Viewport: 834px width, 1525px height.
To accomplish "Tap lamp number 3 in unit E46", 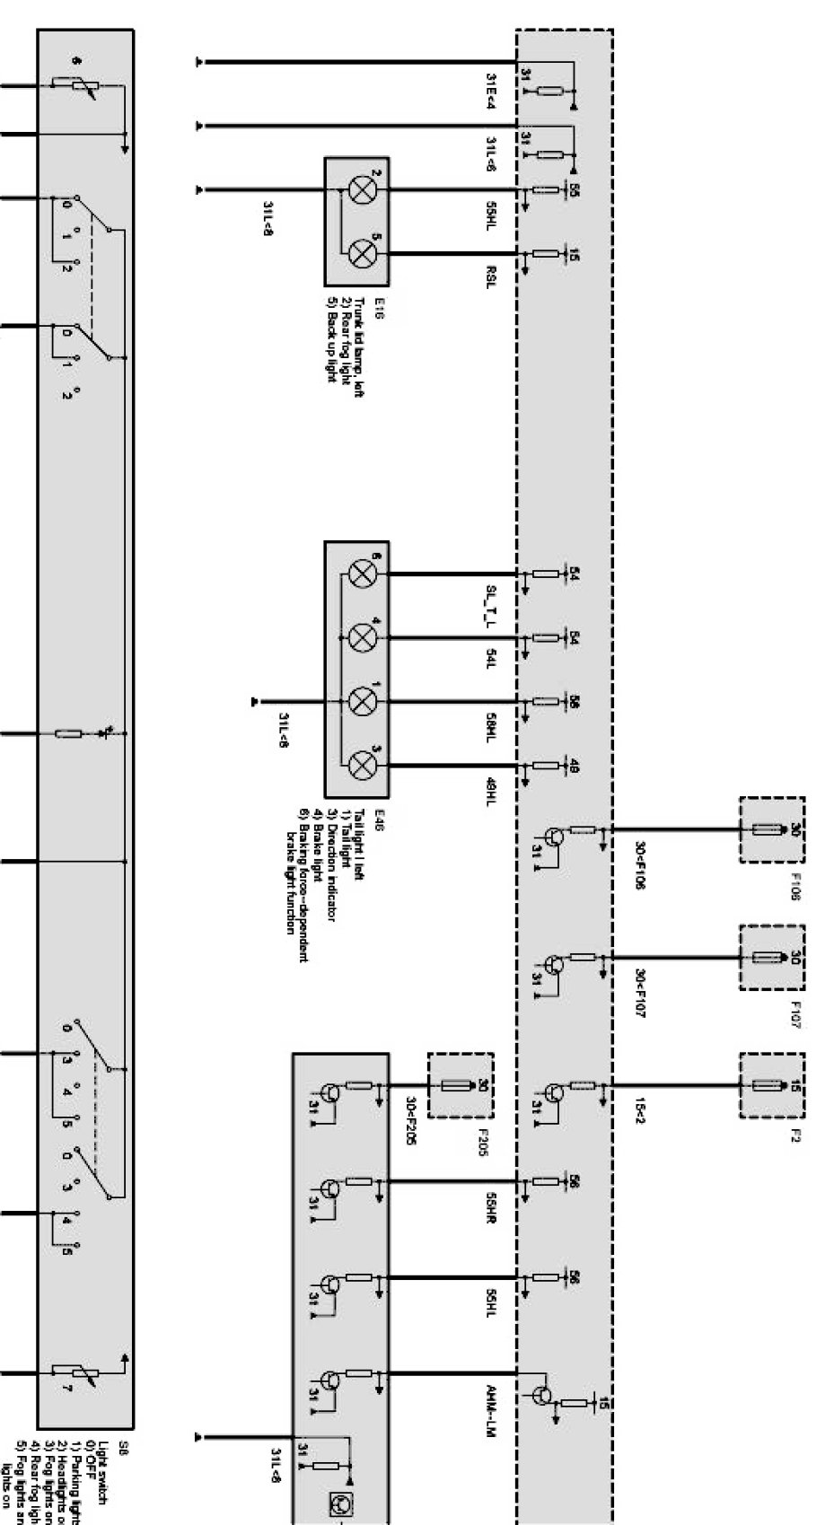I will (362, 765).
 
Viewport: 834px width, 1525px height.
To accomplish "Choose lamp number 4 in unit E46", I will (362, 637).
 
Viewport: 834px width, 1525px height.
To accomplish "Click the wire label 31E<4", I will (491, 91).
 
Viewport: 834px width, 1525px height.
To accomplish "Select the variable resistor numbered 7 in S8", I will (68, 1372).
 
